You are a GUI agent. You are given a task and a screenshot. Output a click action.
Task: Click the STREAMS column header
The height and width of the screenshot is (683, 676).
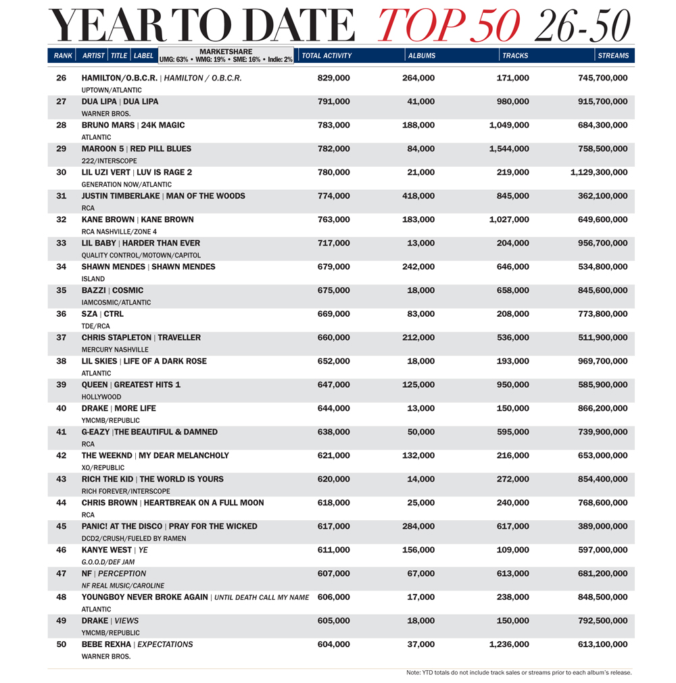coord(613,55)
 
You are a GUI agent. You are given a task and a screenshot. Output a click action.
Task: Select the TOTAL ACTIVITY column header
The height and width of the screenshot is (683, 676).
coord(327,55)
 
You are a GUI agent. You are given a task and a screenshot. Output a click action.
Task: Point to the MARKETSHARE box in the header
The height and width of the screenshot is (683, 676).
coord(226,55)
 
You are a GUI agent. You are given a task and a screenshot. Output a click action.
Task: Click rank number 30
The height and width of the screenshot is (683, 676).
coord(62,172)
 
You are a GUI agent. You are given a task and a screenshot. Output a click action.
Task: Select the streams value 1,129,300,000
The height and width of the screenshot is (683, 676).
coord(599,172)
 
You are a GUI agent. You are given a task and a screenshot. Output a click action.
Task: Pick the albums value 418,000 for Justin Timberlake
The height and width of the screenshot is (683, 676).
coord(418,196)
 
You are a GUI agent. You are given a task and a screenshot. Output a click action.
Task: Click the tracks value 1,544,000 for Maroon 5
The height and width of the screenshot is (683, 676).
coord(509,149)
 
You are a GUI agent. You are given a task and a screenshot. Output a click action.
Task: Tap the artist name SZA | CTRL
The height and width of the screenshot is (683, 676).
coord(103,314)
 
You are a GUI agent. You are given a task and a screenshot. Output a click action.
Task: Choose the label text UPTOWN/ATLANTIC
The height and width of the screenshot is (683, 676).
coord(112,90)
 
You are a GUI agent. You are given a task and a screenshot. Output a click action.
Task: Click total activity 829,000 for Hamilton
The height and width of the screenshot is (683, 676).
coord(334,78)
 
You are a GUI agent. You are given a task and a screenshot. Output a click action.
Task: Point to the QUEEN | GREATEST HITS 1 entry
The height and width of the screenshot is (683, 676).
coord(131,385)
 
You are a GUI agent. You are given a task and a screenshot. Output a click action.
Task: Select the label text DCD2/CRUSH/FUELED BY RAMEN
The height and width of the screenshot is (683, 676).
coord(134,538)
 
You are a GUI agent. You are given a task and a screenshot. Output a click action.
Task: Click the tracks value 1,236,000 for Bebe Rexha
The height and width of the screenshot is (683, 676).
coord(509,644)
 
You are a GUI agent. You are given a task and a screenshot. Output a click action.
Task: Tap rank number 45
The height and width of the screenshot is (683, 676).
coord(62,526)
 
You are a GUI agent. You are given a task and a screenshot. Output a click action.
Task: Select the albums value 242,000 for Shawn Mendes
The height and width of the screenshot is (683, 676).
coord(418,267)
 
